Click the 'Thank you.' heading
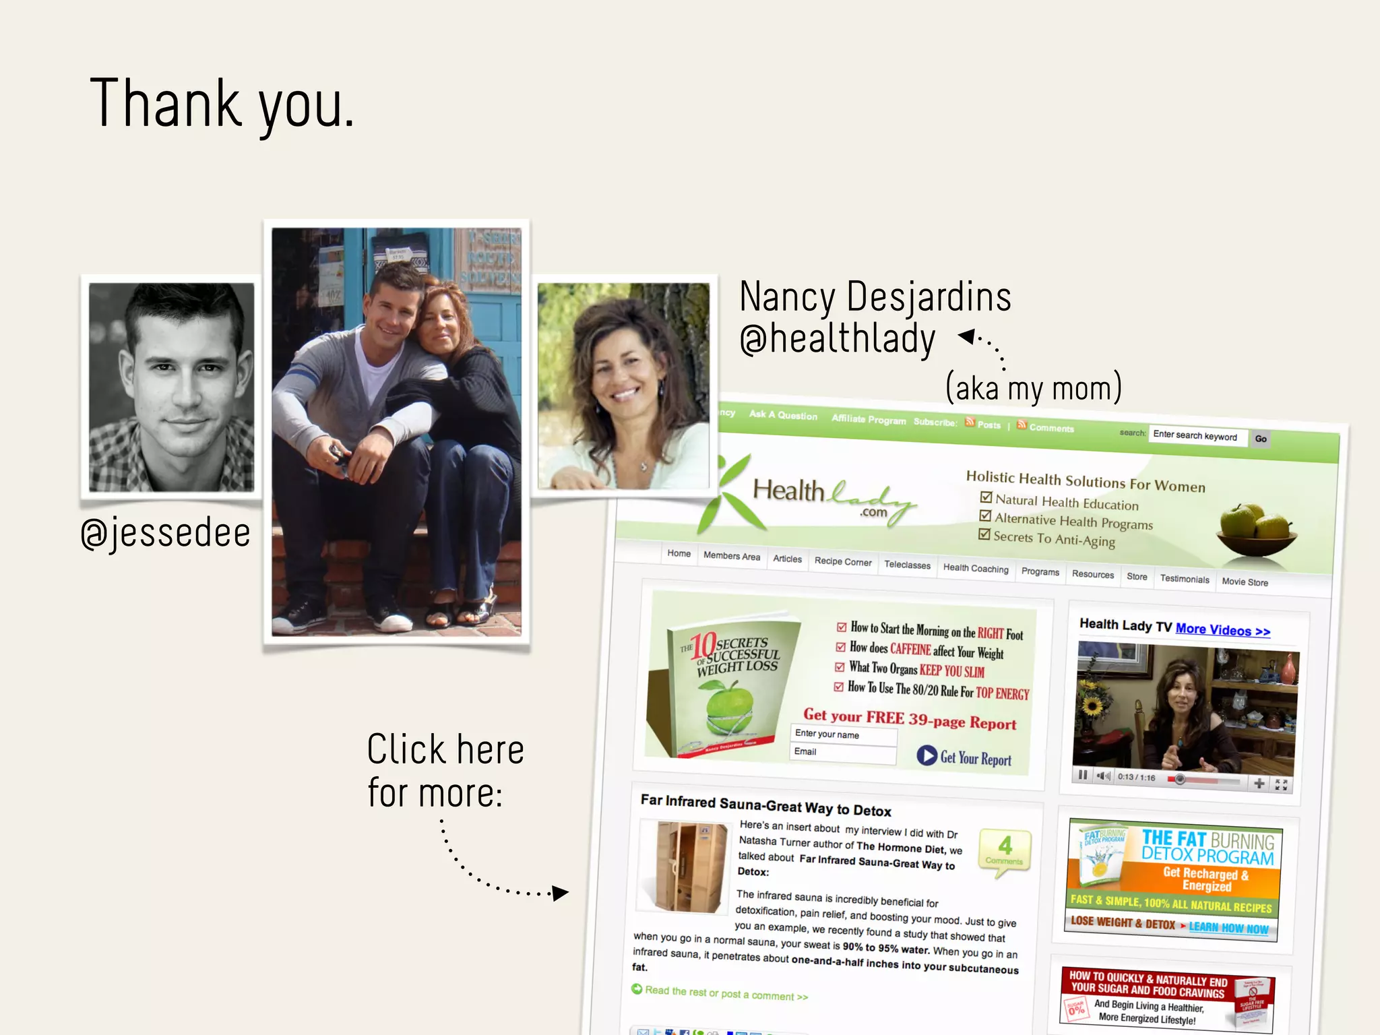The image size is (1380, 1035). (222, 104)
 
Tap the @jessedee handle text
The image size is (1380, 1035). (166, 533)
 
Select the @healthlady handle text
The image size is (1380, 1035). (838, 339)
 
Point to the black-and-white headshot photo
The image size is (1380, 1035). (172, 387)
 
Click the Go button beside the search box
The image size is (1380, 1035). (1261, 439)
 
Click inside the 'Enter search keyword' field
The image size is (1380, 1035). (1197, 436)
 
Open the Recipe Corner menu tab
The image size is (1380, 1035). (842, 561)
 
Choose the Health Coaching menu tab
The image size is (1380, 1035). (976, 569)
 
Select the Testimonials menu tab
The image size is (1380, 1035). (1185, 579)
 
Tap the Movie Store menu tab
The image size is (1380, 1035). (1245, 582)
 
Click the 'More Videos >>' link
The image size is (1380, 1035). (1222, 630)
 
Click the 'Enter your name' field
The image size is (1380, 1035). (843, 734)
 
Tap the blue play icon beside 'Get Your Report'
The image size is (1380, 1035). (927, 755)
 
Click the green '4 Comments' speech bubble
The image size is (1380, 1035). (1004, 851)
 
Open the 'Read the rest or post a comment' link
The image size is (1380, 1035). (726, 993)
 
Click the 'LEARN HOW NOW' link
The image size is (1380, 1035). (1228, 928)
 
